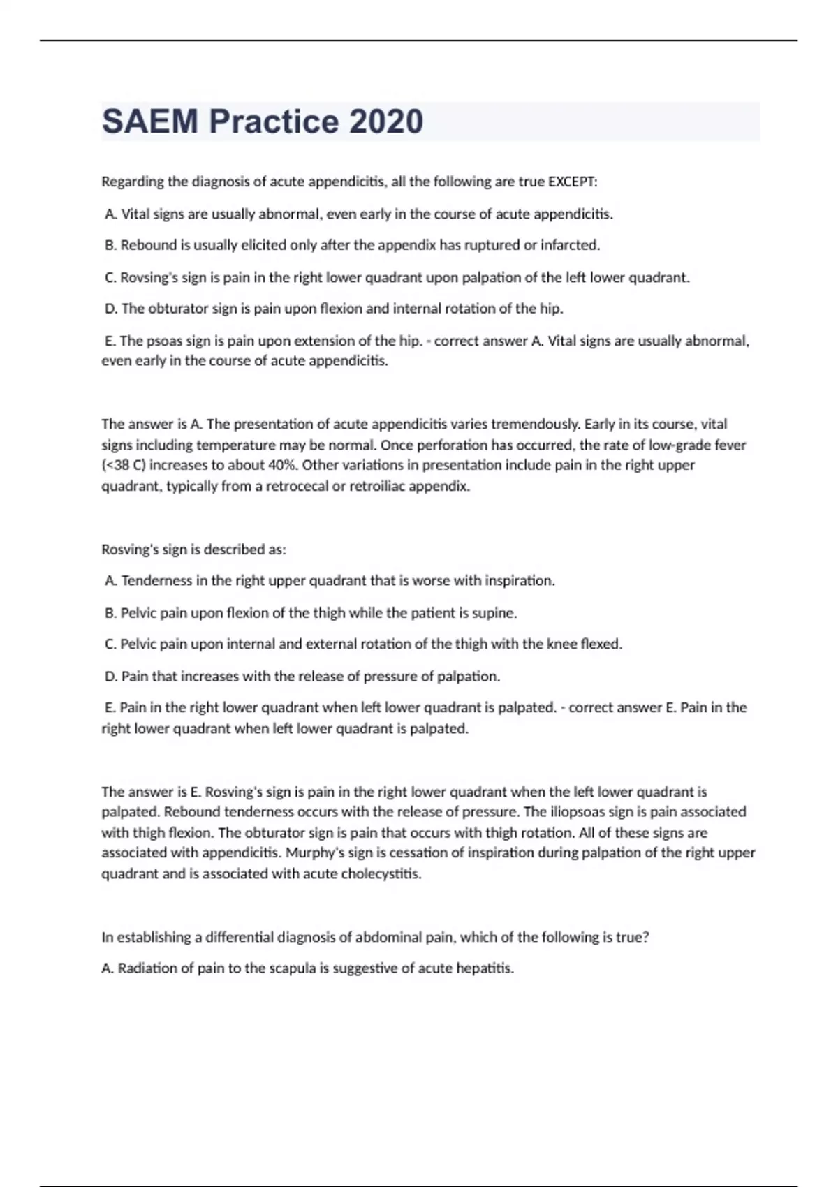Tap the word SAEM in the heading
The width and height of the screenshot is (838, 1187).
point(150,121)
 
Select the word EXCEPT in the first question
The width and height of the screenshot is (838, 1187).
point(572,182)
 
